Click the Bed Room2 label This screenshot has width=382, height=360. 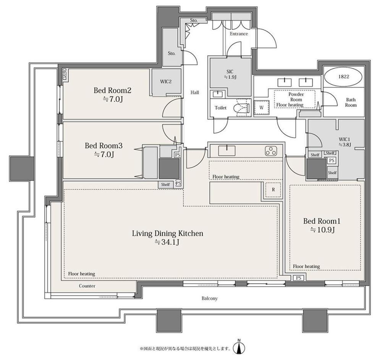112,91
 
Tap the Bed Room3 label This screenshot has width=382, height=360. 104,146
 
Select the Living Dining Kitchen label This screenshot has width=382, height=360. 168,234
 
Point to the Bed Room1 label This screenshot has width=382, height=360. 322,221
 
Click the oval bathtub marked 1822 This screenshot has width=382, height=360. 343,76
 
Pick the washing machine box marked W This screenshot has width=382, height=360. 261,107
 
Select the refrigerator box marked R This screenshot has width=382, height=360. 273,190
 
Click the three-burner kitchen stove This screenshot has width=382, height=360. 271,151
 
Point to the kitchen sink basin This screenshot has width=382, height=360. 227,151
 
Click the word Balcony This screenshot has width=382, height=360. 209,298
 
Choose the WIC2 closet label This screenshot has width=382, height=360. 166,82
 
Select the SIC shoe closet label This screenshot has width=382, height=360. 230,74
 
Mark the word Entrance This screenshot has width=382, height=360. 239,34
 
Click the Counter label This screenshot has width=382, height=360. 87,286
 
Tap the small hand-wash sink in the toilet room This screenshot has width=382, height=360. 216,94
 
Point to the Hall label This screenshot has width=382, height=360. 195,92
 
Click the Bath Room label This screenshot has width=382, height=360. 351,102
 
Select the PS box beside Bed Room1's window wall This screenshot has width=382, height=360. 299,278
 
